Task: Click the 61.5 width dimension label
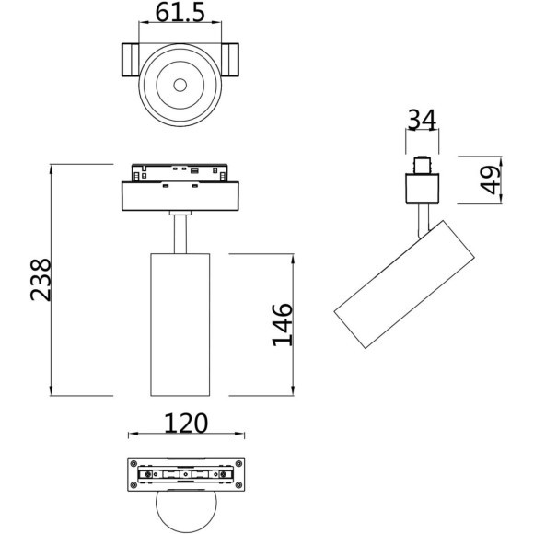coord(180,13)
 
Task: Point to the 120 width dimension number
coord(186,423)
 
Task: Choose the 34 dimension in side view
coord(421,120)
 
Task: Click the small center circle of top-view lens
coord(180,86)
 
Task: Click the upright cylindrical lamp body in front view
coord(180,322)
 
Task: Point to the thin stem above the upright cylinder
coord(180,231)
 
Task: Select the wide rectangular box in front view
coord(180,196)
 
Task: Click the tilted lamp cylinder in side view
coord(405,284)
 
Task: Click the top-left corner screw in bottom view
coord(134,462)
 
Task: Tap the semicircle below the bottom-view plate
coord(186,512)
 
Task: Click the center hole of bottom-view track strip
coord(186,475)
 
